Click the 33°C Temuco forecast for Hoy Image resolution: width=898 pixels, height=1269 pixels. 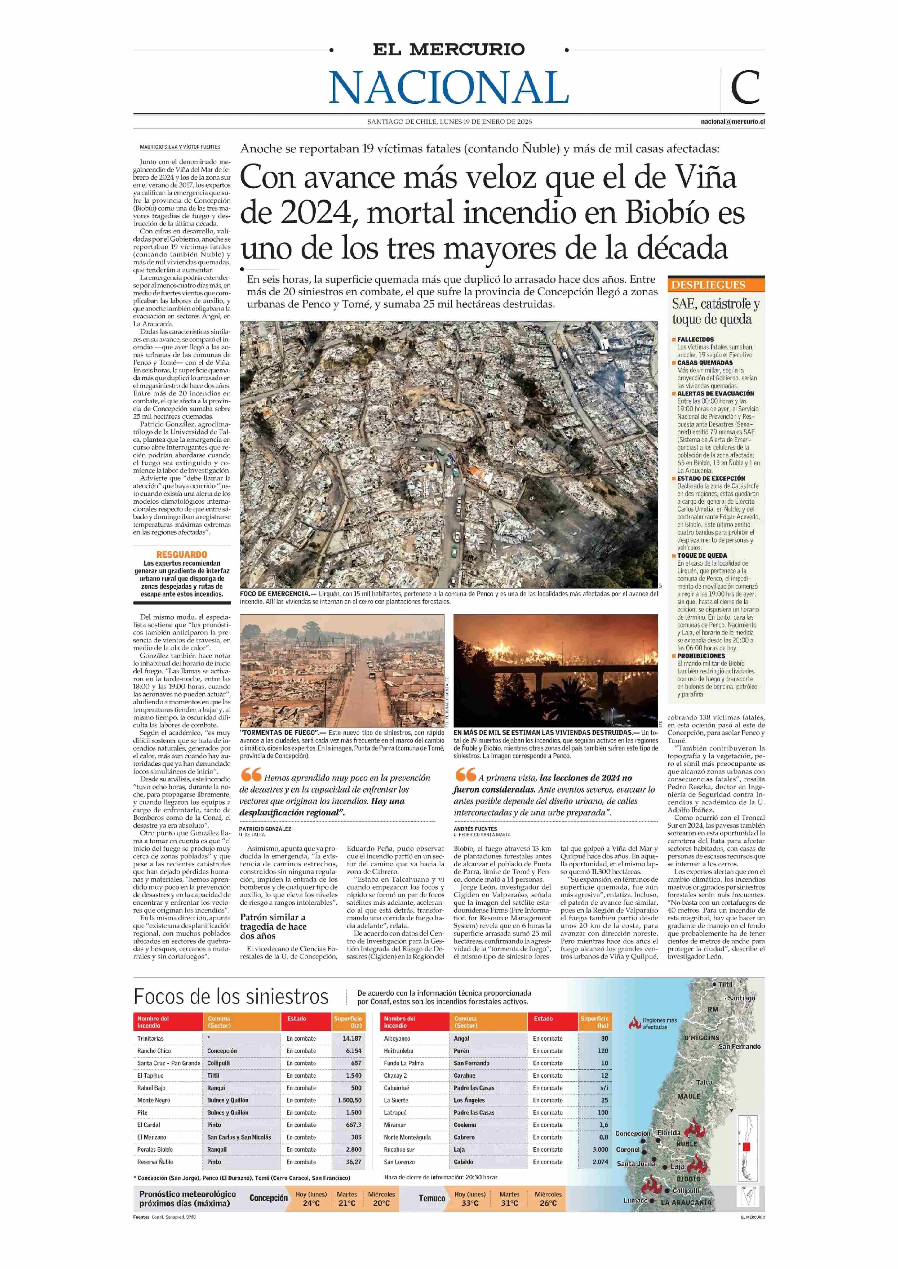click(x=470, y=1203)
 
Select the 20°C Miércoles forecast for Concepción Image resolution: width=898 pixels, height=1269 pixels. click(x=381, y=1203)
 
